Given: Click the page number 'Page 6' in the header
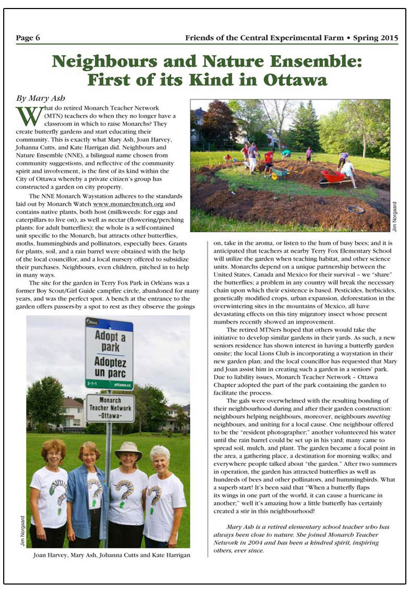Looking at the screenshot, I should click(28, 38).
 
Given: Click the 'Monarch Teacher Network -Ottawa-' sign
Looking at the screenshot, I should click(110, 408).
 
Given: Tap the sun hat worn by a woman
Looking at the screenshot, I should click(128, 449).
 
